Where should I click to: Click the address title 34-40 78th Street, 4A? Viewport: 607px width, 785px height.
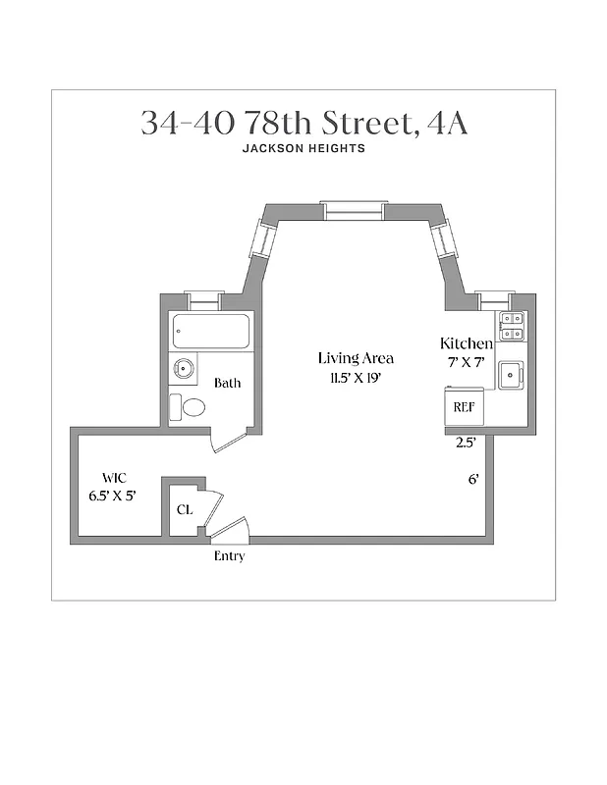point(303,124)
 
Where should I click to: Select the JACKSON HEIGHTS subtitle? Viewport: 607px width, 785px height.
point(303,149)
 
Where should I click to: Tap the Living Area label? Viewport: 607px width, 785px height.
point(356,358)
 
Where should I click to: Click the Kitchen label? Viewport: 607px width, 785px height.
point(466,343)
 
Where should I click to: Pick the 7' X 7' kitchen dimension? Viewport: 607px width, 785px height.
point(466,362)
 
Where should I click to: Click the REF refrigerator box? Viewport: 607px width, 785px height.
point(462,406)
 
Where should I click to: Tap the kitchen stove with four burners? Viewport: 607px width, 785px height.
point(513,326)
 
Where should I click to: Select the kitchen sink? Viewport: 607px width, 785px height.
point(511,375)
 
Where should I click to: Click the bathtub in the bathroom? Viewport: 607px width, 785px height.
point(211,332)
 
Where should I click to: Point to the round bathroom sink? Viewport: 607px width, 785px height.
point(183,369)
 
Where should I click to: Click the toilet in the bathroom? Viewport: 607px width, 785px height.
point(189,407)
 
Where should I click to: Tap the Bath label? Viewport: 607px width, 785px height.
point(228,384)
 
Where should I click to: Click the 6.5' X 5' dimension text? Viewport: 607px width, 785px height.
point(111,496)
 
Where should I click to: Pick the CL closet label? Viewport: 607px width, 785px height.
point(184,510)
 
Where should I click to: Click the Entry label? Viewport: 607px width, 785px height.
point(229,556)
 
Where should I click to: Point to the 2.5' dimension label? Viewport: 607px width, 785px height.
point(466,443)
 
